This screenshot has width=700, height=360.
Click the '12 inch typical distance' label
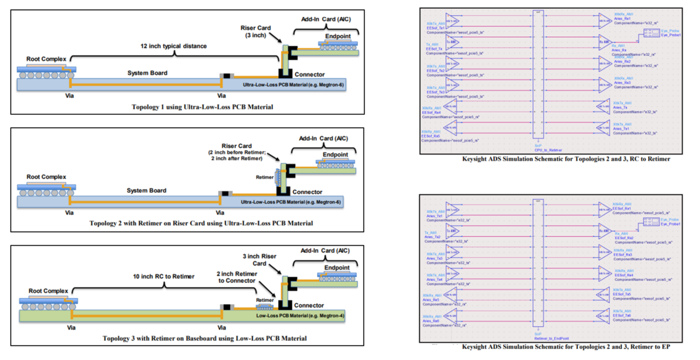click(x=174, y=46)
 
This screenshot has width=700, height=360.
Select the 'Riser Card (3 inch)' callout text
click(x=256, y=32)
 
